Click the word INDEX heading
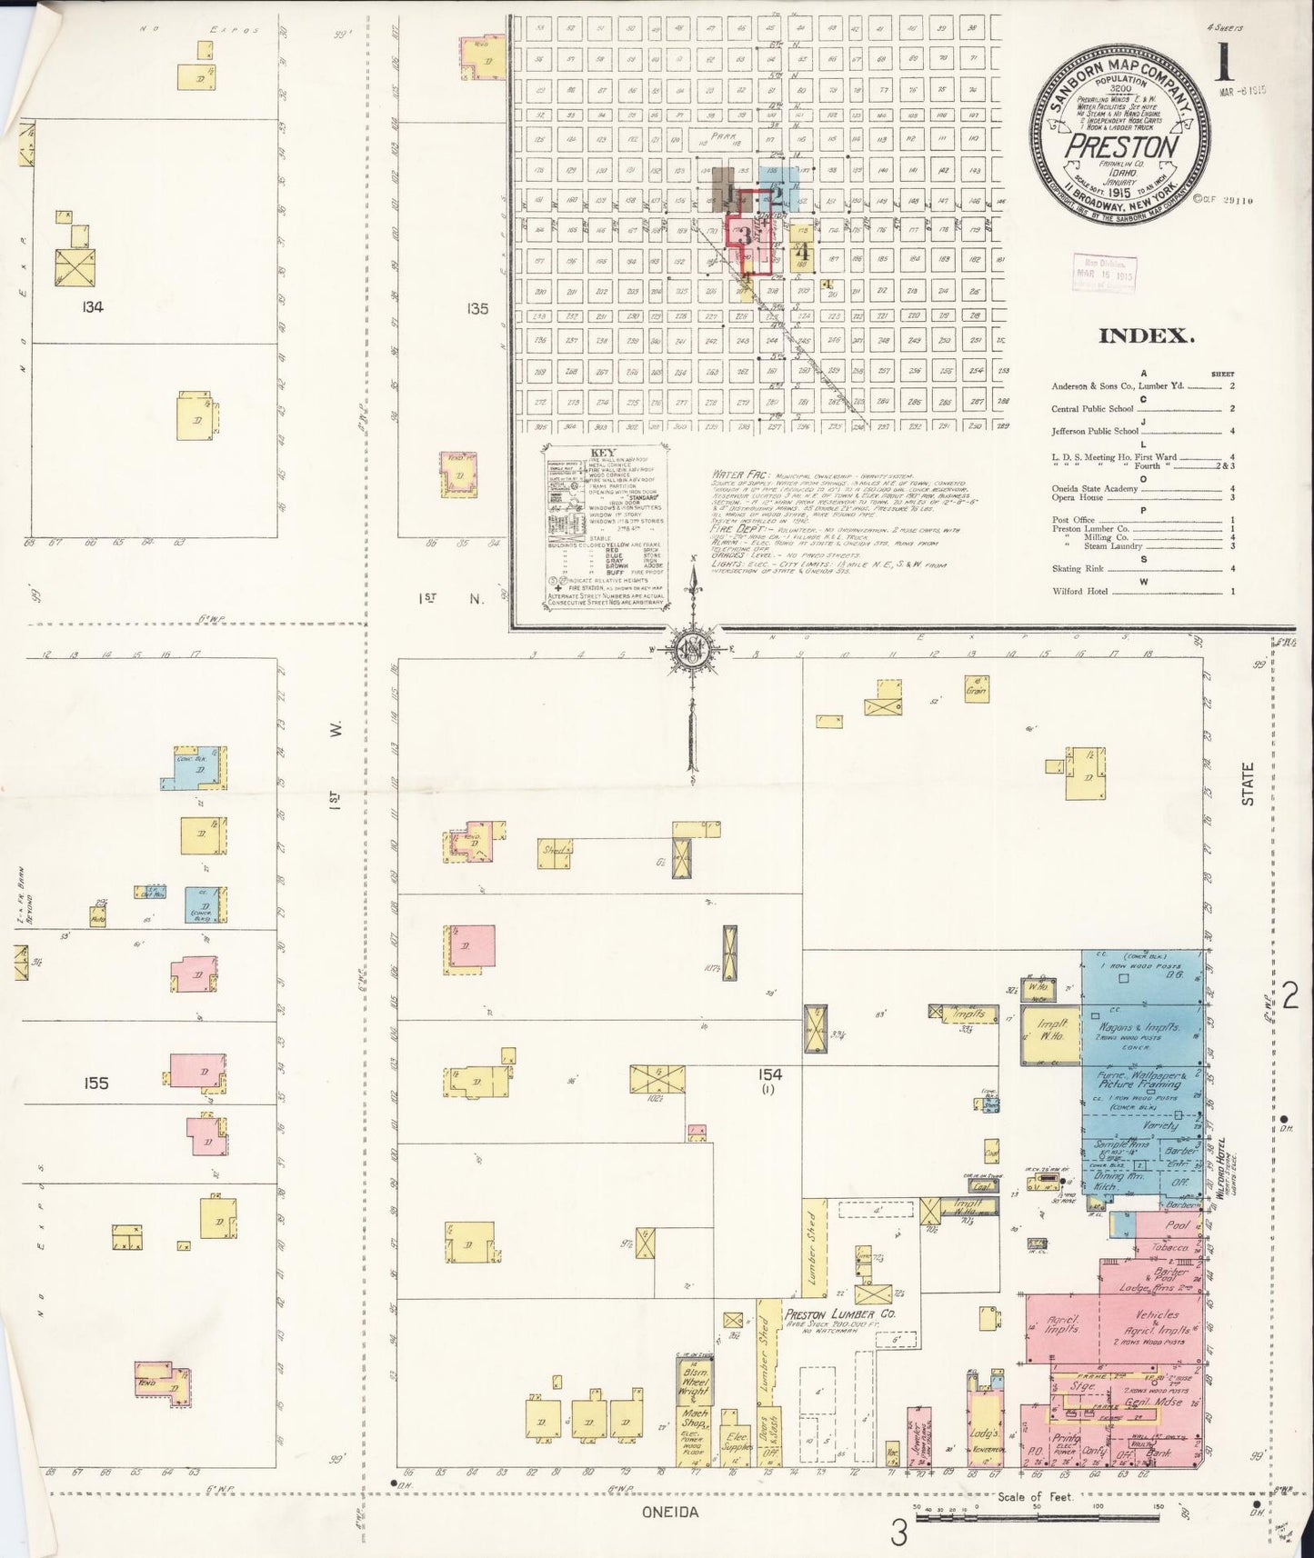(1146, 335)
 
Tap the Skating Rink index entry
(1075, 569)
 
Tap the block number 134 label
(92, 307)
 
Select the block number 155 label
(95, 1083)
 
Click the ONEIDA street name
(668, 1513)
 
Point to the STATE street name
(1248, 784)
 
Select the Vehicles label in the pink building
(1157, 1314)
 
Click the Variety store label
(1155, 1125)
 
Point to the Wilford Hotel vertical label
(1222, 1173)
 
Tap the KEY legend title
(603, 452)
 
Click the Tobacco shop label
(1171, 1248)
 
